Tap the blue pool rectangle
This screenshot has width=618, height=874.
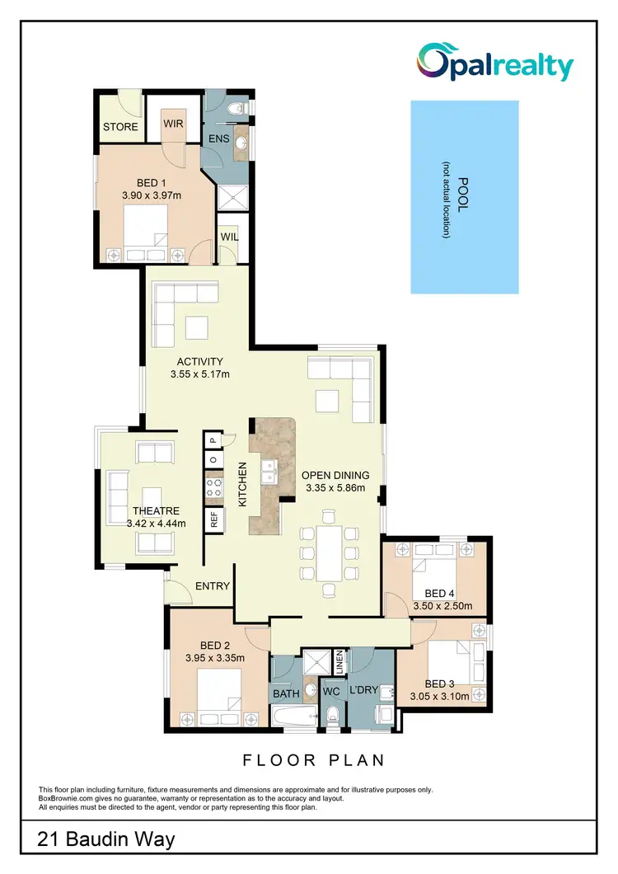(x=465, y=197)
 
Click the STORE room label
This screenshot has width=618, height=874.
(x=120, y=127)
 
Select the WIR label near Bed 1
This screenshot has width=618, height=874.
(x=173, y=124)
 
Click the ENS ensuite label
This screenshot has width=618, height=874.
(x=218, y=138)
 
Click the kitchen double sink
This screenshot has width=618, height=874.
(x=269, y=472)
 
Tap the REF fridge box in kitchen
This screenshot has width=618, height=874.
(x=213, y=519)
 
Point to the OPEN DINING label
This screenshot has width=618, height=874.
(x=341, y=475)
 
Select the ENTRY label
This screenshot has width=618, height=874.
(x=212, y=586)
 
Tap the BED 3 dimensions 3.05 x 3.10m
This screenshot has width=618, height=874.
(x=439, y=696)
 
